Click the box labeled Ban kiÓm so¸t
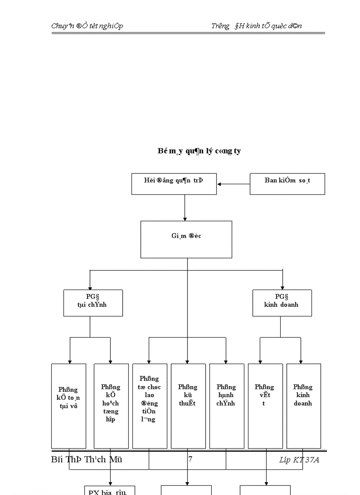click(287, 184)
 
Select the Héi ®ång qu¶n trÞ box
click(174, 184)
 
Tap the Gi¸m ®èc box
click(186, 239)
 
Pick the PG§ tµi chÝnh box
click(93, 303)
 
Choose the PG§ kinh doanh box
click(282, 303)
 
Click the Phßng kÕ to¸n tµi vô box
click(68, 406)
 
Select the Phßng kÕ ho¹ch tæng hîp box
click(111, 406)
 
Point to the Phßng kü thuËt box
click(188, 406)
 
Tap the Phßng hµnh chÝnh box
click(226, 406)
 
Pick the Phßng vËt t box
click(265, 406)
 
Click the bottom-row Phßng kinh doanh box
click(304, 406)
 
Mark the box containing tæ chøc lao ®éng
click(150, 406)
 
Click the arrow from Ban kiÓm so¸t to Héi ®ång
click(233, 184)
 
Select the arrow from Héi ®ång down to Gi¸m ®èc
click(185, 208)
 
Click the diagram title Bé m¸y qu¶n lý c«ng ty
click(199, 151)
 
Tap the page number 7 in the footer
click(190, 459)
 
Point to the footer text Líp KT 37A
click(299, 460)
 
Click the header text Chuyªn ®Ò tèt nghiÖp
click(87, 26)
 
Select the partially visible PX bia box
click(109, 491)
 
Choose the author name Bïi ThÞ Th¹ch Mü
click(86, 459)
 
